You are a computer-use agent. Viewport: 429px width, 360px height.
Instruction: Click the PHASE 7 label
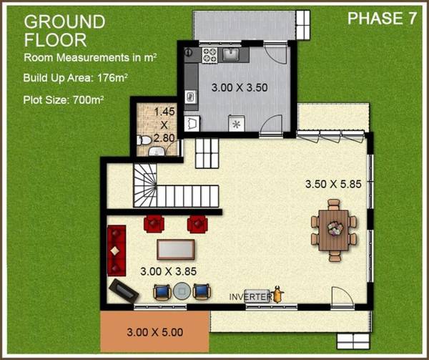coord(382,19)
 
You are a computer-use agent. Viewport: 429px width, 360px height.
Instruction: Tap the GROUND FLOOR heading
coord(64,31)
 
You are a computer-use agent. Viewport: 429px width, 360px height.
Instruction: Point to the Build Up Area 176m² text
coord(76,78)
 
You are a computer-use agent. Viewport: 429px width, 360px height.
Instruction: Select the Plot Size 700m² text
coord(64,100)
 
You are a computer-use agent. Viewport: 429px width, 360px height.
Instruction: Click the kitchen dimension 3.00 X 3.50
coord(240,87)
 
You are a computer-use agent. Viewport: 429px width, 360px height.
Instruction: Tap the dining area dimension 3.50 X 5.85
coord(333,184)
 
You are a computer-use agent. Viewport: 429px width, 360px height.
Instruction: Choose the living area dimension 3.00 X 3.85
coord(168,271)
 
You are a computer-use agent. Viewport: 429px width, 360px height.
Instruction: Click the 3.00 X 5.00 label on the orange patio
coord(155,332)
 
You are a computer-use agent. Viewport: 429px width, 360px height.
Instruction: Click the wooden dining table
coord(333,230)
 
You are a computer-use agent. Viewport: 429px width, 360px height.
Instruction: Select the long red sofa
coord(117,250)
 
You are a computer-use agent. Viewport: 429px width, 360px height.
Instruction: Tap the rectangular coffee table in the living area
coord(176,249)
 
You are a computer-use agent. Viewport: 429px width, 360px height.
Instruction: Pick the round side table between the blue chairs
coord(182,291)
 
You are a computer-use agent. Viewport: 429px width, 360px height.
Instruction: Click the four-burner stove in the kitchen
coord(209,55)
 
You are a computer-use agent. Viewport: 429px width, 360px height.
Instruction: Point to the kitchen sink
coord(231,54)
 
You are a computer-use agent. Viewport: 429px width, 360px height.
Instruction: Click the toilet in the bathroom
coord(144,140)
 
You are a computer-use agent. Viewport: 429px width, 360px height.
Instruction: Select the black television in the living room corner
coord(124,291)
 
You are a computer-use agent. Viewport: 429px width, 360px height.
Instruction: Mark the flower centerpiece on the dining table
coord(335,228)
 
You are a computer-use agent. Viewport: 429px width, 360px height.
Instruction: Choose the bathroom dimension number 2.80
coord(164,138)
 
